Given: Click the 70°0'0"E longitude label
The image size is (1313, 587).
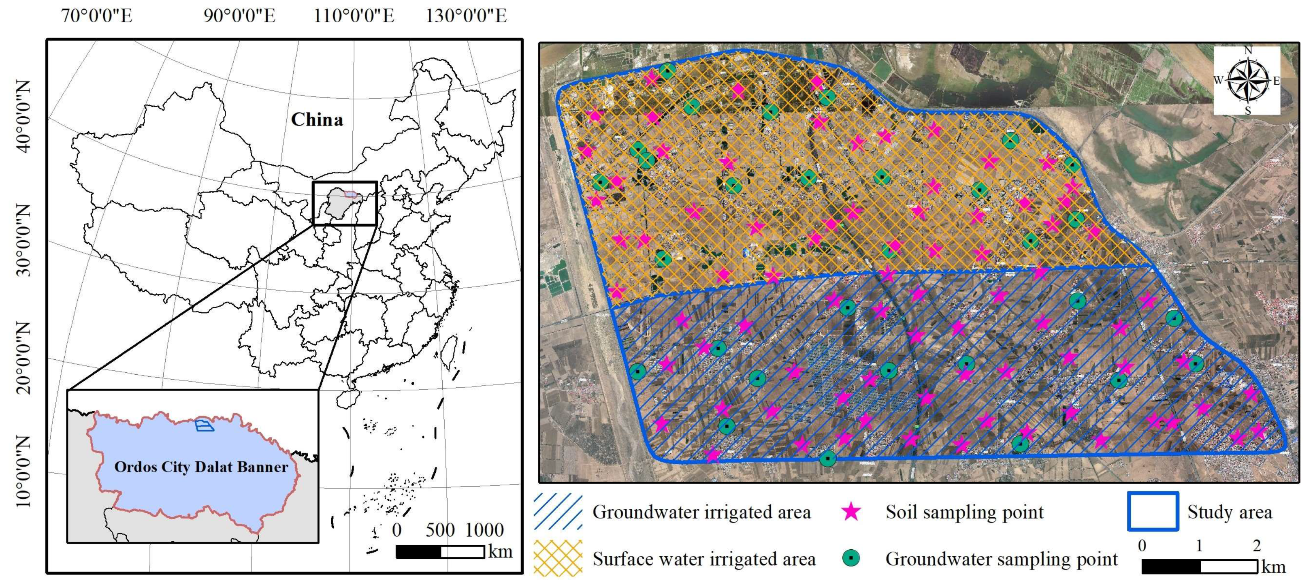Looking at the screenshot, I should coord(97,16).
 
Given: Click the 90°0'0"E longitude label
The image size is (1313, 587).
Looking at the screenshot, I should coord(240,16).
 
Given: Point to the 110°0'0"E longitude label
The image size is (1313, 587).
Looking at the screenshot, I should coord(354,16).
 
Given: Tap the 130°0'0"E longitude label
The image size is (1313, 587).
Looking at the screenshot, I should coord(467,16).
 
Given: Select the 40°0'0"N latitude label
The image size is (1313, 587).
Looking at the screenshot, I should coord(23,116).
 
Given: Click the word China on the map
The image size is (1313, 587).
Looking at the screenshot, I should coord(317,120).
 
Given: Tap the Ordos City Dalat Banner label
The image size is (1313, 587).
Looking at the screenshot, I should coord(201,467).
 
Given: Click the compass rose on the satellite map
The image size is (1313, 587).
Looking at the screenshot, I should coord(1247,81).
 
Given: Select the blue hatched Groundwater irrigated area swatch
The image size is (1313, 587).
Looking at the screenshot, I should coord(558,512).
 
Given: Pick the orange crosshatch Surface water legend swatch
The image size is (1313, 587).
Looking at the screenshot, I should coord(558,559).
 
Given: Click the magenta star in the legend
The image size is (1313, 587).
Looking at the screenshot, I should coord(851,512).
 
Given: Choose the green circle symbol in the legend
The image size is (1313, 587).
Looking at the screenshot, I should coord(851,558).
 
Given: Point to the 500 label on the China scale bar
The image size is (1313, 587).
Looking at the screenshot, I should coord(440,530).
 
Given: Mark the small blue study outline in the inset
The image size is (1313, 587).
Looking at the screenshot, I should coord(205,425).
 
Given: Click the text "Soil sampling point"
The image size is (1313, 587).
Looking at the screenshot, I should coord(964,512).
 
